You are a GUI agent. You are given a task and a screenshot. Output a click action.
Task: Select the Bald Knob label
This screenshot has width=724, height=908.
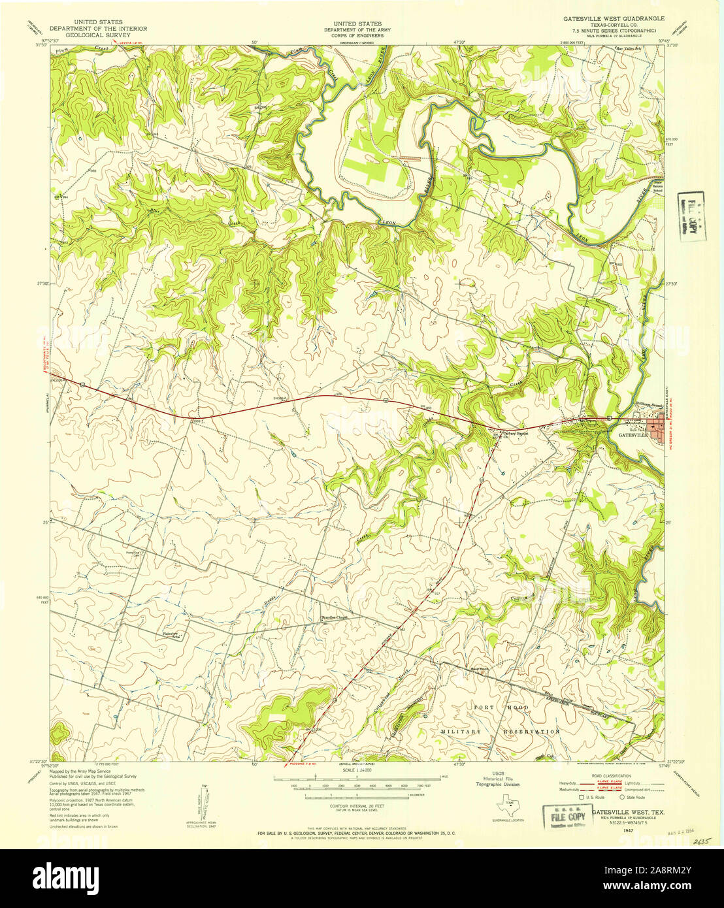480,668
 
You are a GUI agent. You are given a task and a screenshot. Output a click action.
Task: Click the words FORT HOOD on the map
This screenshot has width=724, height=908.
501,708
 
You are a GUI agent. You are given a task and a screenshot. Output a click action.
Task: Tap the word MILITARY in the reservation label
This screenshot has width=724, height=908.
460,732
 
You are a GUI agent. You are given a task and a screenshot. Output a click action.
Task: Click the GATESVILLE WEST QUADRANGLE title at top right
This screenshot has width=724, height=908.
614,19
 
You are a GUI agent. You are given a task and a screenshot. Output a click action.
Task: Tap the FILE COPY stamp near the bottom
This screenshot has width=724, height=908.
565,817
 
